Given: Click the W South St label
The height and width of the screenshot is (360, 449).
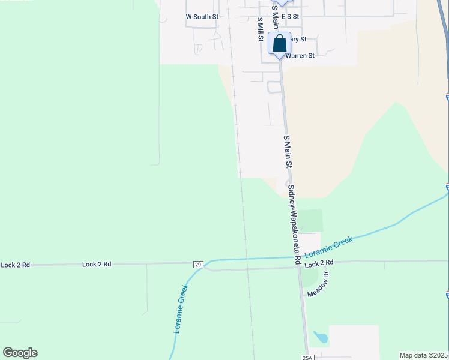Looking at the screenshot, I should tap(202, 17).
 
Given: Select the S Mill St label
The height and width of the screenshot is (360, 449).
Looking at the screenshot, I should tap(261, 29).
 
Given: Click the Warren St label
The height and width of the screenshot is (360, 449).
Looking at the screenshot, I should tap(300, 56).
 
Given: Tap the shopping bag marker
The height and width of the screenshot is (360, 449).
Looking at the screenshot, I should tap(279, 44).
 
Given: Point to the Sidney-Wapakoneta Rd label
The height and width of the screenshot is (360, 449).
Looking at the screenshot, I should tap(294, 224).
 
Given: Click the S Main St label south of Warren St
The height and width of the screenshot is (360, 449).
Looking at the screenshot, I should tap(288, 151).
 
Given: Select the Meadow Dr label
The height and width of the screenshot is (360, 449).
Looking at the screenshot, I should tap(318, 284).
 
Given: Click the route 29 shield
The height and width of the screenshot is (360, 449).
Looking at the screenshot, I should tap(198, 264).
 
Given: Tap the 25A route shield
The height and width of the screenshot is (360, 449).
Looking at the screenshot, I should tap(307, 356).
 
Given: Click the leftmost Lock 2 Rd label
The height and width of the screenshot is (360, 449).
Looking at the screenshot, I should tap(15, 265).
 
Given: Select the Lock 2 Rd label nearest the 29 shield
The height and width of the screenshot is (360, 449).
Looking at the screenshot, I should tap(97, 264).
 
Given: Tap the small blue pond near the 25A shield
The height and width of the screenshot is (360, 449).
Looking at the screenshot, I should tap(321, 337).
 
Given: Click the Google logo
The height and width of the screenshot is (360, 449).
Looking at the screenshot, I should tap(20, 353).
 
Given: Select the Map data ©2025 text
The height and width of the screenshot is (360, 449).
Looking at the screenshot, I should tap(423, 355).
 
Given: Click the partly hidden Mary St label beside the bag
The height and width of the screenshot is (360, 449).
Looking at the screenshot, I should tap(297, 40).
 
